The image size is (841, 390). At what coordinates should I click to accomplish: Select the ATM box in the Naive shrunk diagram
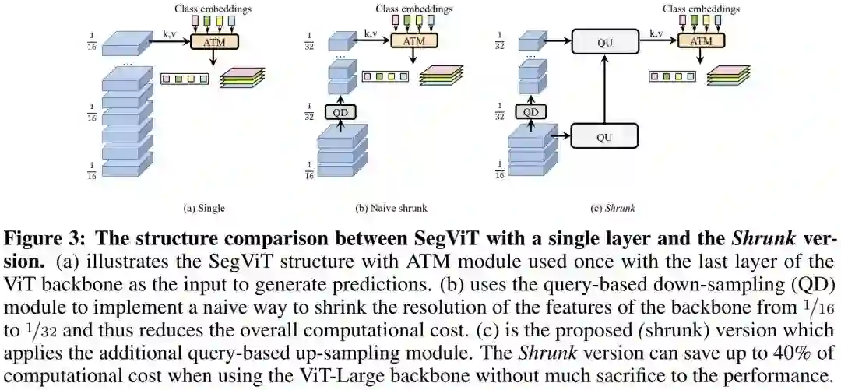coord(413,41)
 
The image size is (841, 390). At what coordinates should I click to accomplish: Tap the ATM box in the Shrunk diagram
coord(701,41)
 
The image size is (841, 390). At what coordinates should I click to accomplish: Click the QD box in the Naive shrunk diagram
coord(340,111)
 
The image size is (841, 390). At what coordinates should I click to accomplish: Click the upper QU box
coord(604,40)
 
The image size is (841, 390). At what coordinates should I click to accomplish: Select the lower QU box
coord(604,138)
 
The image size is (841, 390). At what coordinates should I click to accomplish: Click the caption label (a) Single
coord(204,208)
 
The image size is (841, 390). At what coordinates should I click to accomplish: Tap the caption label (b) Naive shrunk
coord(391,208)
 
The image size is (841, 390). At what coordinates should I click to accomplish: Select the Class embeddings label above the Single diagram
coord(213,9)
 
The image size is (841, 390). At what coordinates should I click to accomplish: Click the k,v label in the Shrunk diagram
coord(658,33)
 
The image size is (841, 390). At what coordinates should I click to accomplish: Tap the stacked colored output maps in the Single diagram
coord(242,76)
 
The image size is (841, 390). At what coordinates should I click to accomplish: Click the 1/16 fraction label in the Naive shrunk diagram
coord(309,172)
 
